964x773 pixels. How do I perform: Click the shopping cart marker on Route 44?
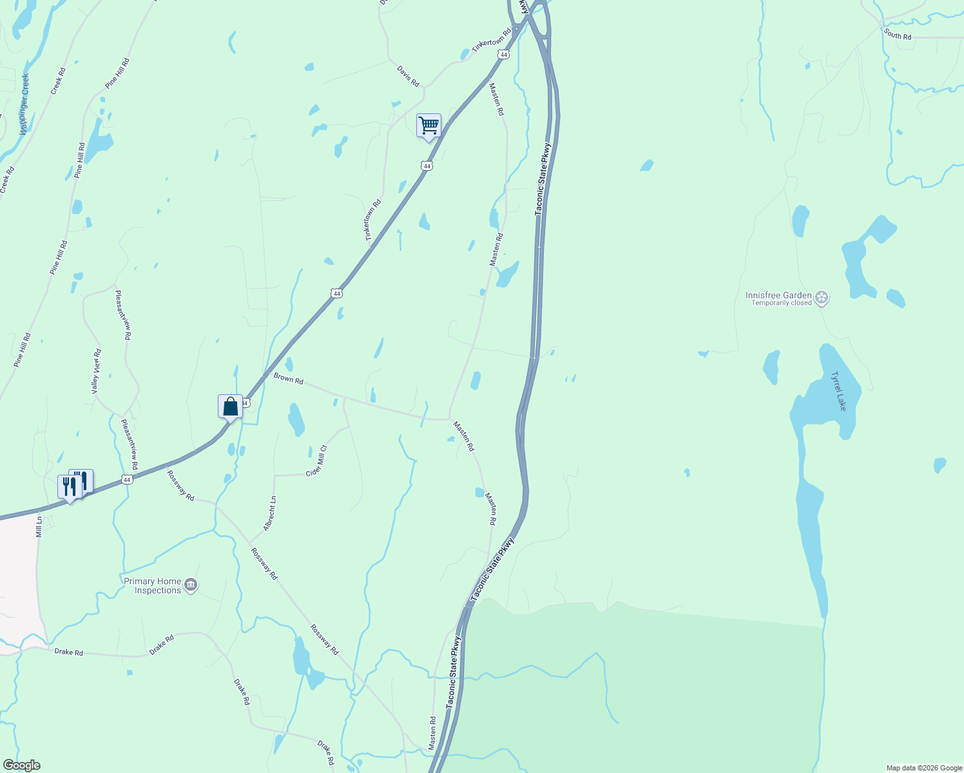[429, 126]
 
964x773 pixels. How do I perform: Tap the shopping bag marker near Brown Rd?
[230, 406]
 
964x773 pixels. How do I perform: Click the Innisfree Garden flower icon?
[822, 298]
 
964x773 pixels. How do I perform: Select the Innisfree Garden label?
[778, 295]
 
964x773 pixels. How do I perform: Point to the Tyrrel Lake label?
[838, 391]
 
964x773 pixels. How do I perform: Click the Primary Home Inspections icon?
[191, 585]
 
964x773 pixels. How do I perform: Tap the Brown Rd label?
[288, 378]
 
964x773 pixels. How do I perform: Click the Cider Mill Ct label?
[316, 461]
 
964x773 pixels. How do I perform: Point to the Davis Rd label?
[408, 76]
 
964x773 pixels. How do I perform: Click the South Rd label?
[898, 35]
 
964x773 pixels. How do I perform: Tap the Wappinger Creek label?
[24, 103]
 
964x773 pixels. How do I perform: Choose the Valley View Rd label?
[97, 372]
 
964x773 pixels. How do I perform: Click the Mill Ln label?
[39, 527]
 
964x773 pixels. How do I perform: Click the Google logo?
[21, 765]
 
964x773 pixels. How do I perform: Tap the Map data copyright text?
[924, 768]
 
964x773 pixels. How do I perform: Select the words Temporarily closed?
[781, 303]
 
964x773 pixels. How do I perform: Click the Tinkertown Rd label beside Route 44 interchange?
[491, 41]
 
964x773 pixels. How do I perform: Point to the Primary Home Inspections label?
[153, 586]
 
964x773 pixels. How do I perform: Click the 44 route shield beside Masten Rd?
[504, 55]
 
